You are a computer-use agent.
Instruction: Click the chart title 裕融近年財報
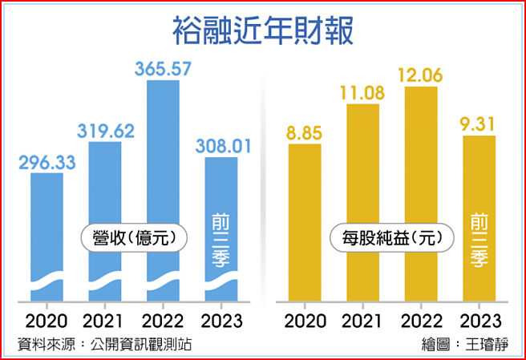tap(262, 30)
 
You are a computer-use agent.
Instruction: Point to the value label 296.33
tap(47, 161)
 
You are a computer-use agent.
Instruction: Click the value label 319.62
tap(105, 130)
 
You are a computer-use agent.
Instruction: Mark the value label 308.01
tap(221, 146)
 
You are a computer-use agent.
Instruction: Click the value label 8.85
tap(304, 131)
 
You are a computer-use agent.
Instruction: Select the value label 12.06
tap(422, 75)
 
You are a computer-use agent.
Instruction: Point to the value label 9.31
tap(479, 123)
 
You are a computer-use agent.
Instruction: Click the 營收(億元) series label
tap(134, 237)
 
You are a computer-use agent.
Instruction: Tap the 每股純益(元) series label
tap(392, 237)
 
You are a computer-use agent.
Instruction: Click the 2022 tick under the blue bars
tap(163, 322)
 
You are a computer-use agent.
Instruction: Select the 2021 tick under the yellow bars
tap(362, 322)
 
